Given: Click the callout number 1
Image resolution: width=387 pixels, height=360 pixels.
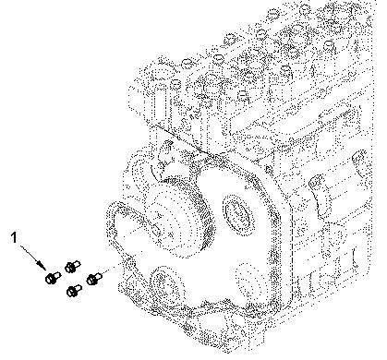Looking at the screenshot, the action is click(x=14, y=237).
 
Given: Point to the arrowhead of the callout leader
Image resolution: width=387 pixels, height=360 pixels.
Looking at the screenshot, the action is click(x=40, y=264).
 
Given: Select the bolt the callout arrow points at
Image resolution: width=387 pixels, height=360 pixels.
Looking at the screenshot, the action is click(x=53, y=277).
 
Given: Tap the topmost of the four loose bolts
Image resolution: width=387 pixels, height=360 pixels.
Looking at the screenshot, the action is click(x=72, y=266).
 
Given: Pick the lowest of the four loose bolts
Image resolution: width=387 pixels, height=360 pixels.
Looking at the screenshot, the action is click(x=74, y=290).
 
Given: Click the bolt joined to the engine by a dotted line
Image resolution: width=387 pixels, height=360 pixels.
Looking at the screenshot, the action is click(x=94, y=278).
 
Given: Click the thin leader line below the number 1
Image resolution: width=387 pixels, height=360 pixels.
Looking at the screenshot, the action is click(x=30, y=254).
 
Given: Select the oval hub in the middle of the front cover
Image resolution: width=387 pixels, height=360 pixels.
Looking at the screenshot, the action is click(x=239, y=213).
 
